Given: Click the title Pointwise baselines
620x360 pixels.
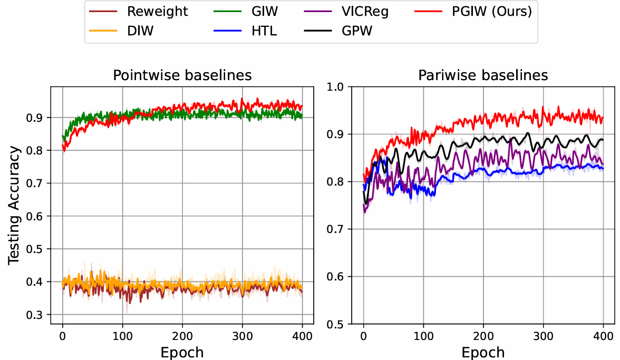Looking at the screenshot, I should coord(182,75).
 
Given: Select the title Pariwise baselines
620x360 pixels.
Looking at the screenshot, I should coord(483,75).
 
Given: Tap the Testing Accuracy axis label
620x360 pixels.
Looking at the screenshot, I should coord(15,205).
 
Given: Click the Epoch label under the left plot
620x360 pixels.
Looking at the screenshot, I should coord(182,352).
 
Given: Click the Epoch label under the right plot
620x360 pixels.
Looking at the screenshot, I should coord(483,352).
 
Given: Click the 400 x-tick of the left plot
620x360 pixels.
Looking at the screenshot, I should coord(302,335).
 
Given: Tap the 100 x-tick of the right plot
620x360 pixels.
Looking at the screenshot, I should coord(423,335).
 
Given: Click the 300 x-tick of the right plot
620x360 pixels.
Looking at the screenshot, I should coord(542,335).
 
